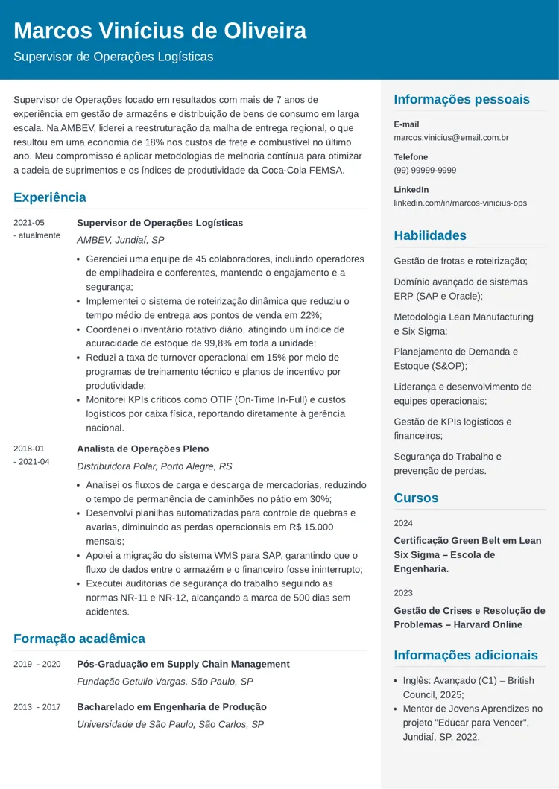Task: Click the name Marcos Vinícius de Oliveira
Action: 160,31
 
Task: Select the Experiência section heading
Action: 50,197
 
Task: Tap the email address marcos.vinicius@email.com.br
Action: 451,138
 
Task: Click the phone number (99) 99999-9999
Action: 425,171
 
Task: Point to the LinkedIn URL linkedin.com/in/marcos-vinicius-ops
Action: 460,203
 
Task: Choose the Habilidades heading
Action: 430,235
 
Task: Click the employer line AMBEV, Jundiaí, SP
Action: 121,240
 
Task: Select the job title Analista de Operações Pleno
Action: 143,449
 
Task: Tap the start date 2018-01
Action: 29,449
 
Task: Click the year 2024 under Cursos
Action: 403,523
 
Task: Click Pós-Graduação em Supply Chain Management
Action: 183,664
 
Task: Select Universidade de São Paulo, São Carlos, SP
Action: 171,724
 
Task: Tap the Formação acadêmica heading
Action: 79,639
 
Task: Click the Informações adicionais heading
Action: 466,656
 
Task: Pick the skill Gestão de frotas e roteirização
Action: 461,261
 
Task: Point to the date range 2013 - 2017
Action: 37,707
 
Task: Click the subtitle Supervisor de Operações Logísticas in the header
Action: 113,57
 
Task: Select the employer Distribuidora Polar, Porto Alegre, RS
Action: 154,466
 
